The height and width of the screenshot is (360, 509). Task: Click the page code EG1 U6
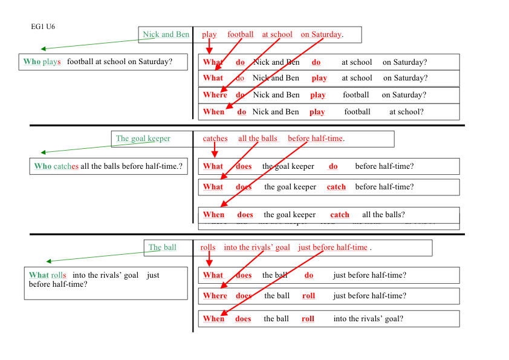point(43,27)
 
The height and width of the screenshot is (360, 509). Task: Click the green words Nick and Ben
point(166,34)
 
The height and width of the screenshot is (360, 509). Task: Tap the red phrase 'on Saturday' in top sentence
point(321,34)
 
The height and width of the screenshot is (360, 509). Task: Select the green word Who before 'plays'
point(32,62)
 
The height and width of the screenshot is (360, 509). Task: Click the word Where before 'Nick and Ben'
point(215,95)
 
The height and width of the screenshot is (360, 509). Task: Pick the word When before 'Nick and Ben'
point(213,112)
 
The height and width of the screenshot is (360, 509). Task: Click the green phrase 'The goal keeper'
point(143,139)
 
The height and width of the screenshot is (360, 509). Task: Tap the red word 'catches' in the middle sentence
point(215,139)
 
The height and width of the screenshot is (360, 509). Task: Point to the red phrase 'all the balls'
point(258,139)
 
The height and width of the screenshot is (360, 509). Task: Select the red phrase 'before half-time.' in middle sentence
point(316,139)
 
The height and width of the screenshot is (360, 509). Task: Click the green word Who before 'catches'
point(43,166)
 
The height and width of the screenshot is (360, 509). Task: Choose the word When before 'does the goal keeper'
point(213,215)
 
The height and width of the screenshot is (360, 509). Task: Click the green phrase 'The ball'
point(163,247)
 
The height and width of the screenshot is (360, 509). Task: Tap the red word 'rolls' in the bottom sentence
point(208,247)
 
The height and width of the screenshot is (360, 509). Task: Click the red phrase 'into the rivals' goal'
point(257,247)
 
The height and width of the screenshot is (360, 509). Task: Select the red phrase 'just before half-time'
point(332,247)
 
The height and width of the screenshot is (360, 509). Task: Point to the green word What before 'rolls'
point(39,275)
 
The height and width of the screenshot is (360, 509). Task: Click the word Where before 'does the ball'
point(215,296)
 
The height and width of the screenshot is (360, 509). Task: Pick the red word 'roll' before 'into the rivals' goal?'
point(308,319)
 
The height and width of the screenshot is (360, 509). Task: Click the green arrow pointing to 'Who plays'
point(97,44)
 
